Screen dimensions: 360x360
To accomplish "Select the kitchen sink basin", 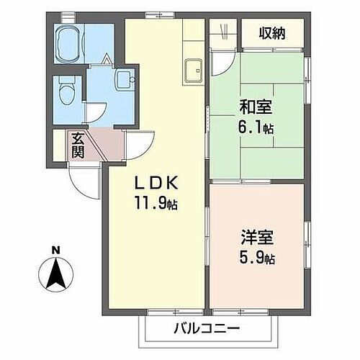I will [193, 71].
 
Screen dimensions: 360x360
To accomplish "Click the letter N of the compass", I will [55, 250].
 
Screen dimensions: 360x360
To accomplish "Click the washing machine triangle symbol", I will [105, 60].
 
